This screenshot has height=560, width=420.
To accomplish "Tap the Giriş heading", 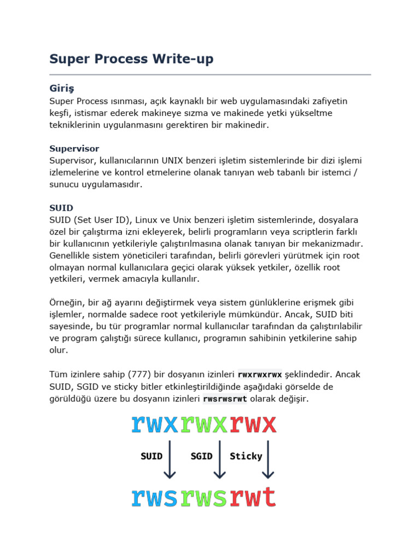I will coord(61,88).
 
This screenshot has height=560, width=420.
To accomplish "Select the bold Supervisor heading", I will coord(74,148).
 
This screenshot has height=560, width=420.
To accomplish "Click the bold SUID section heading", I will coord(61,208).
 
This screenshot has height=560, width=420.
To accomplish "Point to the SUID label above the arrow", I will coord(151,456).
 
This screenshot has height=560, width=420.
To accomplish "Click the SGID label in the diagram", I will coord(201,456).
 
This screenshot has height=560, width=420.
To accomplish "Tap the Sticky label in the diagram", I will coord(246,456).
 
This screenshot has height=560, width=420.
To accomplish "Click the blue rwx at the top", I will coord(155,424).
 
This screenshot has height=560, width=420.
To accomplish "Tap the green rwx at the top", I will coord(204,424).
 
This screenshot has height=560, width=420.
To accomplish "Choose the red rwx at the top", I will coord(253,424).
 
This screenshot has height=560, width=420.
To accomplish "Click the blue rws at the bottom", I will coord(155,497).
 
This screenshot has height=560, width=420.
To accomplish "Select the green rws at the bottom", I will coord(204,497).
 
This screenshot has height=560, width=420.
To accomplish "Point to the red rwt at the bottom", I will coord(253,497).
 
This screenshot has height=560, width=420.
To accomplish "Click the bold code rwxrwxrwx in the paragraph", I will coord(260,375).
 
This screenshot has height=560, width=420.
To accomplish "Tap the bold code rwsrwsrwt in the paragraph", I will coord(225,399).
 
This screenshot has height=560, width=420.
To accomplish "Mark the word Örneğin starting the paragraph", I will coord(67,302).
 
